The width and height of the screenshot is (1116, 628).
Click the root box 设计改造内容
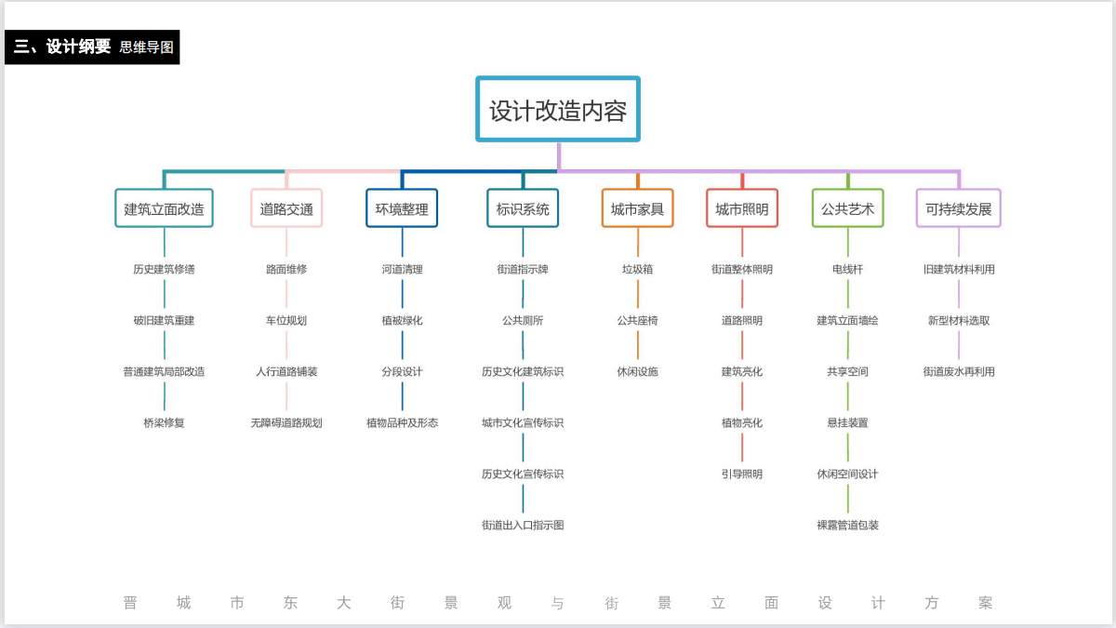click(x=558, y=110)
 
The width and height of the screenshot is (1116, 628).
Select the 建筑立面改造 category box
click(x=164, y=209)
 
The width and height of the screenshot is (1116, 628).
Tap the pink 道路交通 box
click(x=286, y=209)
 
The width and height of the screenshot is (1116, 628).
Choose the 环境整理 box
click(x=402, y=209)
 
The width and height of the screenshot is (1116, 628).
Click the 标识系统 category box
click(x=523, y=209)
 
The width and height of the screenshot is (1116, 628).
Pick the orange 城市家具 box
click(x=637, y=209)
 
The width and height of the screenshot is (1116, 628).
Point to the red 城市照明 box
click(x=742, y=209)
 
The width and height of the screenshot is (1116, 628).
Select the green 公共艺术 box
click(x=847, y=209)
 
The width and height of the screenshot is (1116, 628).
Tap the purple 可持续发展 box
click(x=959, y=209)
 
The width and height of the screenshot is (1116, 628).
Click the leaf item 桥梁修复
click(x=164, y=422)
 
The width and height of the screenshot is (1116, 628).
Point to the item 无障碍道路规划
click(x=286, y=422)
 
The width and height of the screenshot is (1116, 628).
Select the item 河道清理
click(x=402, y=269)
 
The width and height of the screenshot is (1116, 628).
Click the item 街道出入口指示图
click(x=523, y=525)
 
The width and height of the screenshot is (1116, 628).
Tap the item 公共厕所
click(x=523, y=320)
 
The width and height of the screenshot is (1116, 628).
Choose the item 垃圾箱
click(x=637, y=269)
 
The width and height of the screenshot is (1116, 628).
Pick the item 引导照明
click(x=742, y=474)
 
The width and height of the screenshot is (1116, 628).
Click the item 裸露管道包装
click(x=847, y=525)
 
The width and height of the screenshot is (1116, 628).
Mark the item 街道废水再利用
click(x=959, y=371)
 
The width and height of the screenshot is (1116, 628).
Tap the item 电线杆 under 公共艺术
click(x=847, y=269)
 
